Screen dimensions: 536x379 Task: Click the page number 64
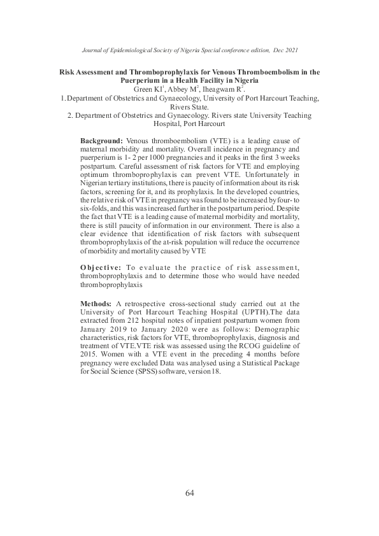pos(189,493)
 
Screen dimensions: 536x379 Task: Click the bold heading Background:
pos(101,139)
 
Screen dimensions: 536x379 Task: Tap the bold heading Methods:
pos(96,306)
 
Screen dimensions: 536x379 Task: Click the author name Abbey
pos(175,90)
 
